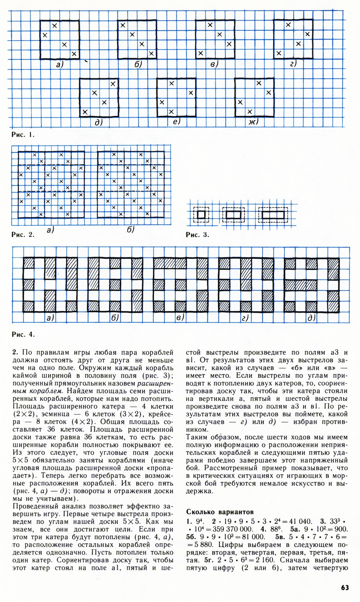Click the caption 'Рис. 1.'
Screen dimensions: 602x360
tap(23, 135)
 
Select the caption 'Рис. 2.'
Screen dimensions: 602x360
tap(23, 235)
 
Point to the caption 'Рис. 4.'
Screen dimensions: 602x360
tap(23, 334)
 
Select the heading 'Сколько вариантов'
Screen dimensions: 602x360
tap(220, 512)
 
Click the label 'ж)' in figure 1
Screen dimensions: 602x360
tap(253, 122)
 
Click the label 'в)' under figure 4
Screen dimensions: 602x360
tap(180, 317)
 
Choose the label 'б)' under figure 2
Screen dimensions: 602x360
tap(130, 230)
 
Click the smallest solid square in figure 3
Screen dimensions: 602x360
tap(201, 215)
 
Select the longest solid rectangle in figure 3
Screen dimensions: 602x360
tap(273, 215)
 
